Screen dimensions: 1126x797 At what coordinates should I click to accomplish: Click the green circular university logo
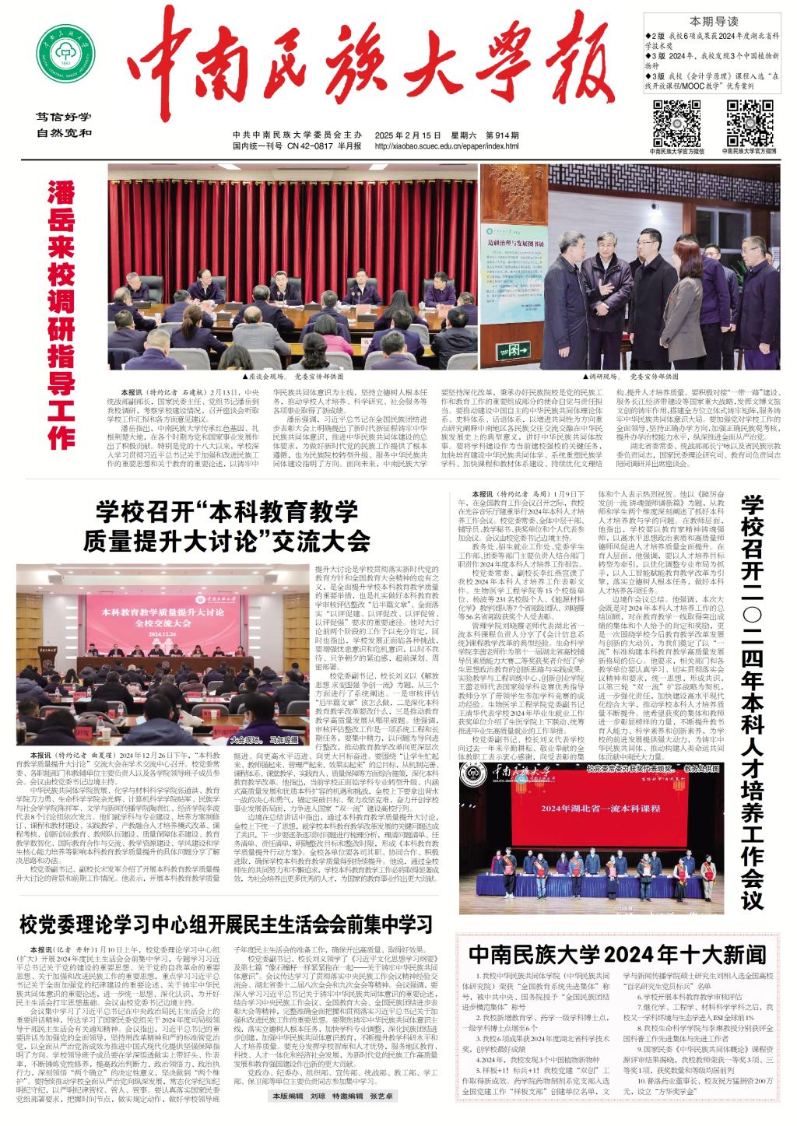[x=67, y=54]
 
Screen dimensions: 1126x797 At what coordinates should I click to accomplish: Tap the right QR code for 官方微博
[x=749, y=121]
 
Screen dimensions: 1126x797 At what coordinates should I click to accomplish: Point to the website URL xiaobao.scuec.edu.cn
[x=457, y=146]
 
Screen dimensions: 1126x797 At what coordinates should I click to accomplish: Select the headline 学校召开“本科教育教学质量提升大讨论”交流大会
[x=226, y=527]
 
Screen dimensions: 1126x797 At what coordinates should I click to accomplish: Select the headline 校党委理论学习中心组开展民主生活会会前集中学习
[x=226, y=924]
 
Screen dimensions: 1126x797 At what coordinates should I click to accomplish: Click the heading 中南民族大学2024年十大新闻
[x=616, y=953]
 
